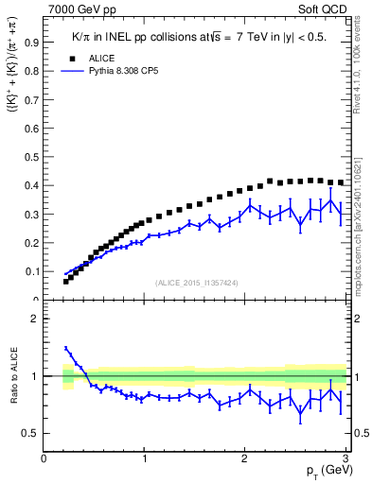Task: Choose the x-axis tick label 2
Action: click(245, 459)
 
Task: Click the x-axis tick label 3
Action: click(345, 459)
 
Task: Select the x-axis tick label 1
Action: click(145, 459)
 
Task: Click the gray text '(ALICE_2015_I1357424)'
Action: click(197, 283)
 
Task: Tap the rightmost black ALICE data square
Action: click(341, 182)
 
